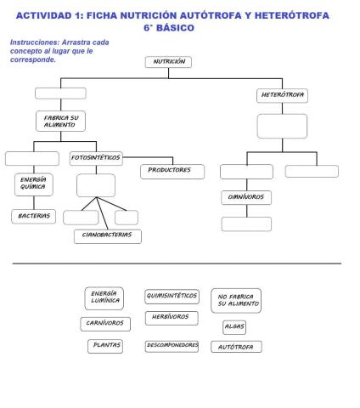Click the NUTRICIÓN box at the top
click(168, 62)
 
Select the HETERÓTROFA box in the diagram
click(282, 95)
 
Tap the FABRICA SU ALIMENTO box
click(59, 121)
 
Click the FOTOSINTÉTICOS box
click(95, 157)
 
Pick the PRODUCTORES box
click(172, 170)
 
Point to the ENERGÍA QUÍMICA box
click(34, 185)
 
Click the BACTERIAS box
click(34, 216)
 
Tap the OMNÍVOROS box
click(245, 197)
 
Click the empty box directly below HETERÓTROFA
click(282, 126)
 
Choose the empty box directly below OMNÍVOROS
click(246, 224)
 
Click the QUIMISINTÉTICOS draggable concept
click(172, 297)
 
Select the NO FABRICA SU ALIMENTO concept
click(236, 300)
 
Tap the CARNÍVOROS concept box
click(105, 323)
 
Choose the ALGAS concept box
click(234, 326)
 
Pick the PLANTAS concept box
click(106, 345)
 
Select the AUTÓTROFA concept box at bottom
click(236, 347)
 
